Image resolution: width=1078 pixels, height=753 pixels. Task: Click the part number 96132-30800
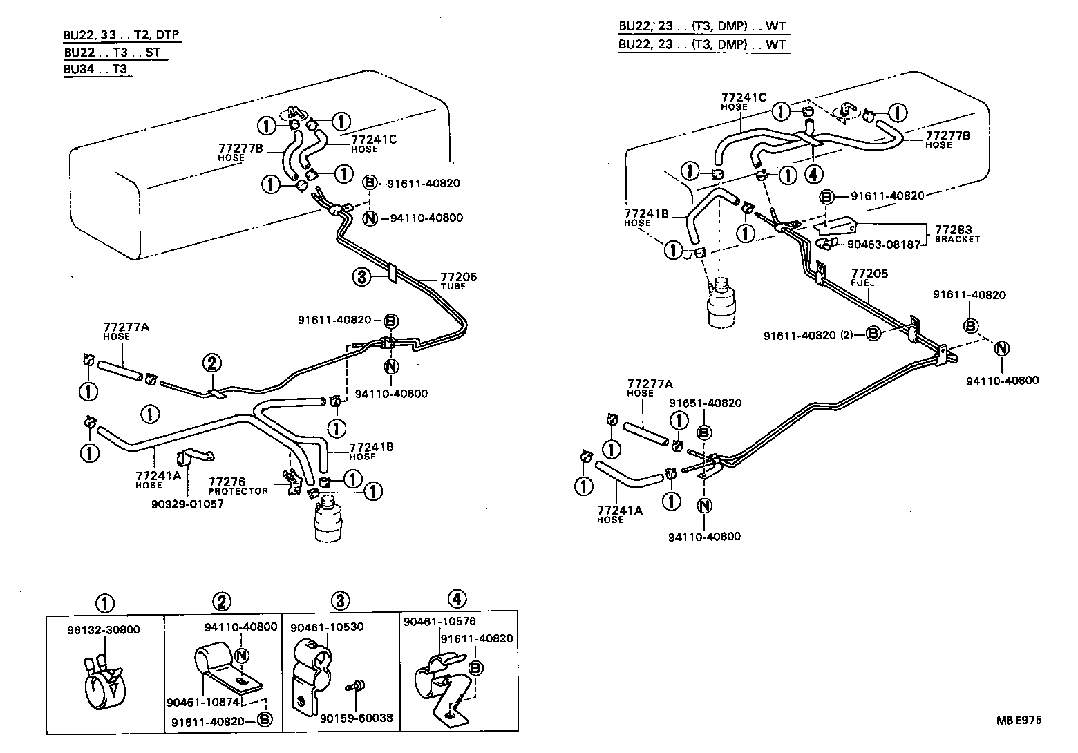point(104,629)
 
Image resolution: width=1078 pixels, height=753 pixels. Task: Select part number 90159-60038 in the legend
point(357,718)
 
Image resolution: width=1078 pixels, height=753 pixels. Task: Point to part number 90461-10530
point(328,627)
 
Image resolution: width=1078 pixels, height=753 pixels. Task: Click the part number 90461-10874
point(202,702)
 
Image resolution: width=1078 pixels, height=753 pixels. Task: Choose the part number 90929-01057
point(187,504)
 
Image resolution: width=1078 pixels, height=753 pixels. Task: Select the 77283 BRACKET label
point(957,233)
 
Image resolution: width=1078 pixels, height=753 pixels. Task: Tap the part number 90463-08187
point(883,244)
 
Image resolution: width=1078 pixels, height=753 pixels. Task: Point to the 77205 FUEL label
point(869,277)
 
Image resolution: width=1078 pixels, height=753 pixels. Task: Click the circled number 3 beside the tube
point(361,277)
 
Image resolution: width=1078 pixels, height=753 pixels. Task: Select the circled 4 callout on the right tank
point(814,175)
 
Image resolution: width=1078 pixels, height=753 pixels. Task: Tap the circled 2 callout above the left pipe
point(211,363)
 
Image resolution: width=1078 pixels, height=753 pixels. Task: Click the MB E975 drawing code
point(1018,720)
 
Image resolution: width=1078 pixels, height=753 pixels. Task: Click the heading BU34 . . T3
point(96,69)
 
